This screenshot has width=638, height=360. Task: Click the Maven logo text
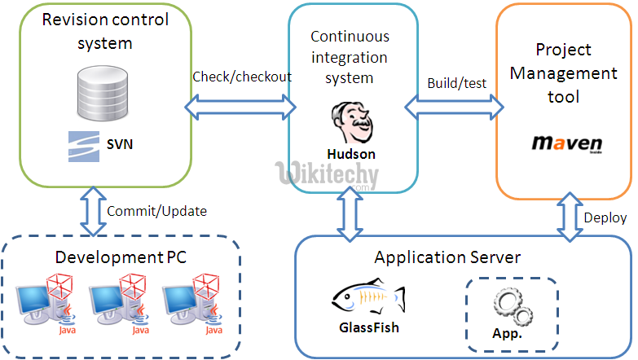[566, 143]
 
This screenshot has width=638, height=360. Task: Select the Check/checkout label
[242, 77]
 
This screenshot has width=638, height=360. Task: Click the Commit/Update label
[156, 211]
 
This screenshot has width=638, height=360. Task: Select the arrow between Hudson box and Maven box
[454, 103]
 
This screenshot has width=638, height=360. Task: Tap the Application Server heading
[447, 257]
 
